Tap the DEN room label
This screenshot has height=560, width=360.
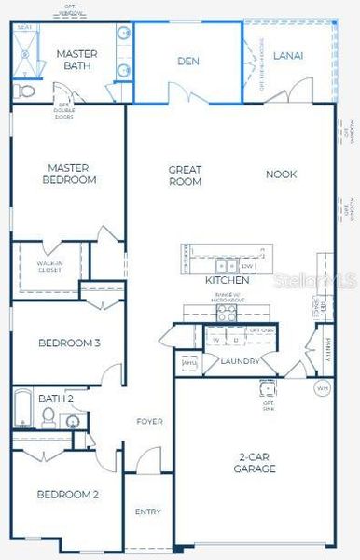(x=188, y=62)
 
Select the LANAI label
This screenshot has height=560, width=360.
(x=301, y=55)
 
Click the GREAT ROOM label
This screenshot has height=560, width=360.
(x=185, y=175)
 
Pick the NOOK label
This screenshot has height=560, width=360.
(x=281, y=175)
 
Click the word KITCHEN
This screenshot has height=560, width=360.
(x=227, y=280)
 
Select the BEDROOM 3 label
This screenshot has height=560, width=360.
(x=68, y=343)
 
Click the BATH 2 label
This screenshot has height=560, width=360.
(x=56, y=399)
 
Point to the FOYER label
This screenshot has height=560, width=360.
(x=149, y=422)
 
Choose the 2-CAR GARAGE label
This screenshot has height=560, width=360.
(x=254, y=462)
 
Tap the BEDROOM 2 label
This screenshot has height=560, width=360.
(x=68, y=494)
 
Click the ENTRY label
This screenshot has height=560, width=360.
(x=148, y=511)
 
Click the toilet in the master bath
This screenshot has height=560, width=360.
(x=24, y=91)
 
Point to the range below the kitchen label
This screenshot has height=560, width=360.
(x=227, y=314)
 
